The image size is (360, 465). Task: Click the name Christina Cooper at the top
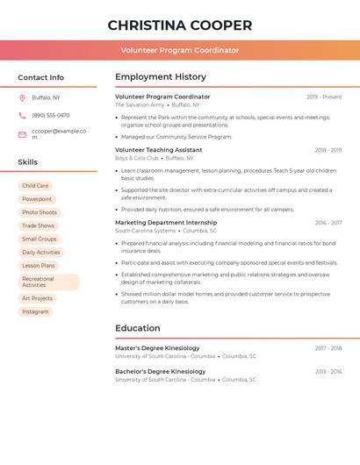pos(180,25)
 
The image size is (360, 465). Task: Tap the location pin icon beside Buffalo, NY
pos(22,97)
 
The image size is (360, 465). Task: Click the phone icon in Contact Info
pos(22,115)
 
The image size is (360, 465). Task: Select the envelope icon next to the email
pos(22,134)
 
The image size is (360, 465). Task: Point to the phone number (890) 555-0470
pos(51,115)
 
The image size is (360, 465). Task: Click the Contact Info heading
pos(40,77)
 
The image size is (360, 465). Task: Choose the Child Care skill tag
pos(36,186)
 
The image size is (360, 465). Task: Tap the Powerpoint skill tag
pos(37,199)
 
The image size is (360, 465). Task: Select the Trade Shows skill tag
pos(38,225)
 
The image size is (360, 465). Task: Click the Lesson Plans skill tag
pos(39,265)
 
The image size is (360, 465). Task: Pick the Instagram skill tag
pos(35,311)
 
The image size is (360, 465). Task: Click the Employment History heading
pos(161,77)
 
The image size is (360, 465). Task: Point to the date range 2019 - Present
pos(324,97)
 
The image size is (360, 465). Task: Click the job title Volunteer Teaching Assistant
pos(158,150)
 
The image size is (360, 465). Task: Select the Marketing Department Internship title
pos(166,223)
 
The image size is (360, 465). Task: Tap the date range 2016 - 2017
pos(328,223)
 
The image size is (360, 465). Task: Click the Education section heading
pos(138,328)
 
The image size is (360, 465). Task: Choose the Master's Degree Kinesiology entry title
pos(157,348)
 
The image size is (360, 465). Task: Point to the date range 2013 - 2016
pos(328,372)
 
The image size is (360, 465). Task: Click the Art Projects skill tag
pos(38,298)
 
